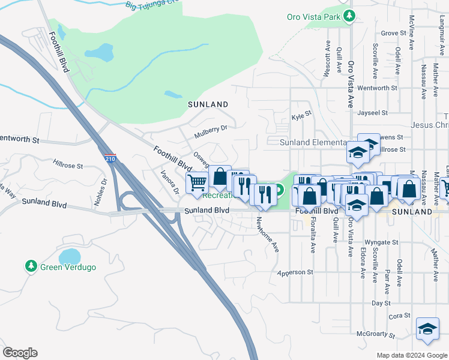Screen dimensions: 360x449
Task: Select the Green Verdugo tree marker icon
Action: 31,265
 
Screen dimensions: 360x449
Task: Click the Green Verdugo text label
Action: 67,266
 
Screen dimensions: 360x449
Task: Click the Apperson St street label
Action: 295,272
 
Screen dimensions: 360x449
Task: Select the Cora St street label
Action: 399,316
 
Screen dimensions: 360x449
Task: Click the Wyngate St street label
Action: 382,242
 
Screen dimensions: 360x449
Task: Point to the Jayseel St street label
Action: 372,112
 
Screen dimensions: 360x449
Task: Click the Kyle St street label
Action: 302,113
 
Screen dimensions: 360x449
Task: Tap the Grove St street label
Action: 394,34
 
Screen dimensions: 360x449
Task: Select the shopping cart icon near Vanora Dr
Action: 197,182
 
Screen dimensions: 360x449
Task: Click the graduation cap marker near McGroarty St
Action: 427,329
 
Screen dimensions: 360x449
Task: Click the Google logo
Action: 20,353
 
